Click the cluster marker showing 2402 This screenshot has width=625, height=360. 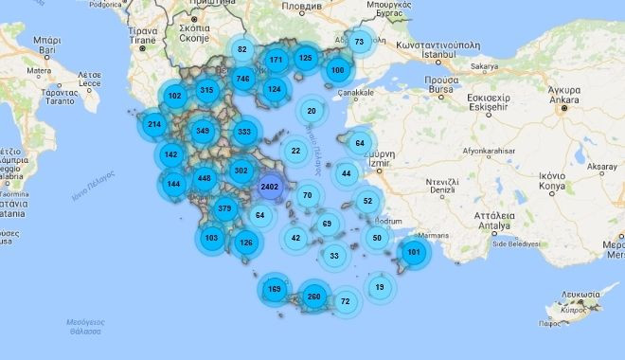[x=270, y=187]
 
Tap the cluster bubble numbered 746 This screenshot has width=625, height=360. [x=242, y=78]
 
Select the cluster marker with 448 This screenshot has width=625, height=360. [x=204, y=178]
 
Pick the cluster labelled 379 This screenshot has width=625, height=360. [x=225, y=208]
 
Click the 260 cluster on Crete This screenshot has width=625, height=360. [x=314, y=297]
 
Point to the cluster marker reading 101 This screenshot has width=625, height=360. [x=413, y=252]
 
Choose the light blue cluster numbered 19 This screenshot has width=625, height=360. [x=380, y=286]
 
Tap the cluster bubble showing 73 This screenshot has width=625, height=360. [x=359, y=42]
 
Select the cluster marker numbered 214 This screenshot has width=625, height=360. [x=154, y=124]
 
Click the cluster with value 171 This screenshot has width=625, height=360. [x=276, y=60]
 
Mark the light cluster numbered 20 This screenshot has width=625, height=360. [x=312, y=111]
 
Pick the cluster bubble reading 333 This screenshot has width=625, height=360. [x=244, y=132]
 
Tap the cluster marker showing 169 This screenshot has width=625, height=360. [x=275, y=288]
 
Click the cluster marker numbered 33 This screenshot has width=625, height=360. [x=334, y=256]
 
